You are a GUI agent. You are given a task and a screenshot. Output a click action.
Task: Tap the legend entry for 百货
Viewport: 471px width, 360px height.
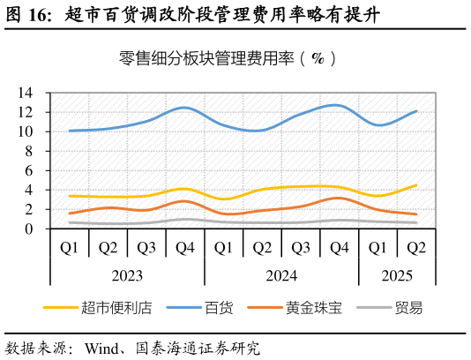(219, 308)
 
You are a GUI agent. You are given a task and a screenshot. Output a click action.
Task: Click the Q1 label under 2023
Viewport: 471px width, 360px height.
(70, 248)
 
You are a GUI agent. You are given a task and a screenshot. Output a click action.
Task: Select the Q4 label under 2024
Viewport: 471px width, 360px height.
(340, 248)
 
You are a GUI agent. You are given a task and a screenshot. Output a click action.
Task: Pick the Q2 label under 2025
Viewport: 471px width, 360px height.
(416, 248)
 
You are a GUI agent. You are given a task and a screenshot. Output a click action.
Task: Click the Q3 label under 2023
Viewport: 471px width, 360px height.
(146, 248)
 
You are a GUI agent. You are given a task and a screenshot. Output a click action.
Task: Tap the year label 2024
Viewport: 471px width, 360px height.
(281, 275)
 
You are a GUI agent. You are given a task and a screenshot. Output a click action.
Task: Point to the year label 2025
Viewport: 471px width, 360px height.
(397, 275)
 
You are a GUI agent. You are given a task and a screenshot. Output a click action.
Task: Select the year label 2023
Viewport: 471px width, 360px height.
(127, 275)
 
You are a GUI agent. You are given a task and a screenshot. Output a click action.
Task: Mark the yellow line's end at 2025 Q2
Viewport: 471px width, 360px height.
(416, 185)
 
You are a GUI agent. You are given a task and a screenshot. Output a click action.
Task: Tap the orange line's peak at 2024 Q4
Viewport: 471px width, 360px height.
(340, 198)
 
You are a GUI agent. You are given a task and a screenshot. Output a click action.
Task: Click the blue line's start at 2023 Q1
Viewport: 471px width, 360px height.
(70, 131)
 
